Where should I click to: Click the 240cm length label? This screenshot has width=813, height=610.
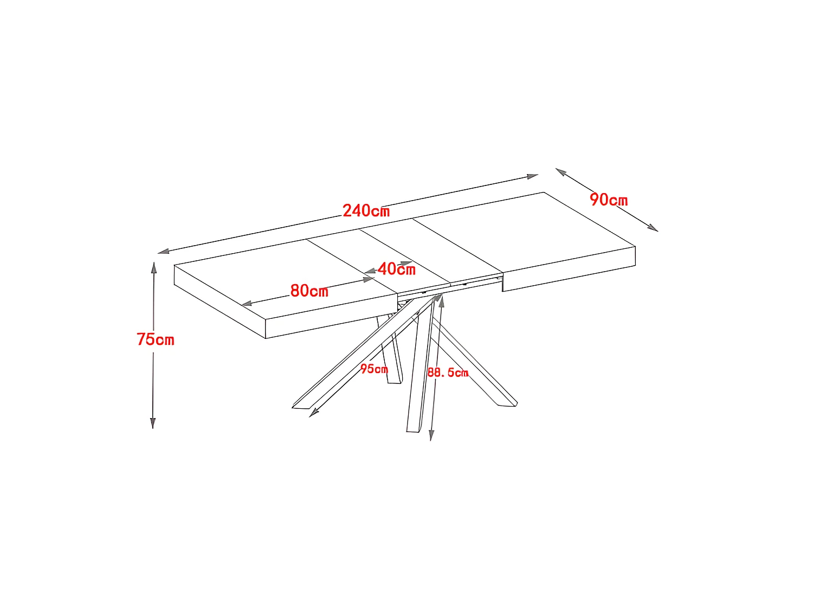366,211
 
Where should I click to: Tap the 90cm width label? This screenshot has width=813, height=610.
609,200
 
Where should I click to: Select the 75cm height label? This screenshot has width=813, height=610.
156,339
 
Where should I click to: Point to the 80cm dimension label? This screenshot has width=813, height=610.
309,291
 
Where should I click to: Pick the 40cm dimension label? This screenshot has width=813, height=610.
396,269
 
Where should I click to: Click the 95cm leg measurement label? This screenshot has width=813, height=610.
374,369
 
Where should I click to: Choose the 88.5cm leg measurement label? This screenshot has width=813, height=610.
448,373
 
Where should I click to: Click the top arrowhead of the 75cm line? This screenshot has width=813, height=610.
154,267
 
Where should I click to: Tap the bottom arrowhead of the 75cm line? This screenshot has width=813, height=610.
153,423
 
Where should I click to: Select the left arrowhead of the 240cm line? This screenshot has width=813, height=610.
163,252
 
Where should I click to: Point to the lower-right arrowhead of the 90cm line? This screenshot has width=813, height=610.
653,228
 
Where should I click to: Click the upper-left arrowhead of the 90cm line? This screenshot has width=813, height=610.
561,172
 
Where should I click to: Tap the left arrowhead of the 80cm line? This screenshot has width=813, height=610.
247,304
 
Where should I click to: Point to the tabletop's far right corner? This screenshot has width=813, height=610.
544,192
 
